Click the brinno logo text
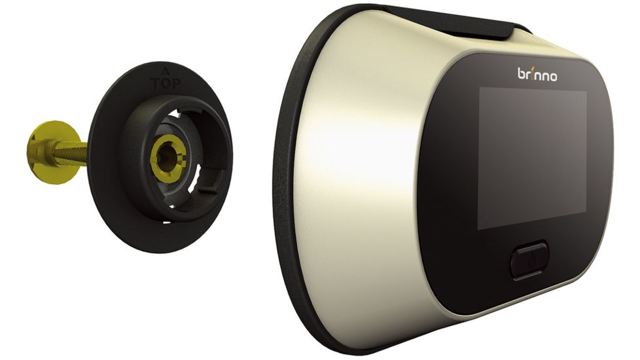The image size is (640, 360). [537, 75]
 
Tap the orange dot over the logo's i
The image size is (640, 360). [531, 69]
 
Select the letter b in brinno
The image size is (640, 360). [522, 74]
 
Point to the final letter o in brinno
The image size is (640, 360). [554, 77]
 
